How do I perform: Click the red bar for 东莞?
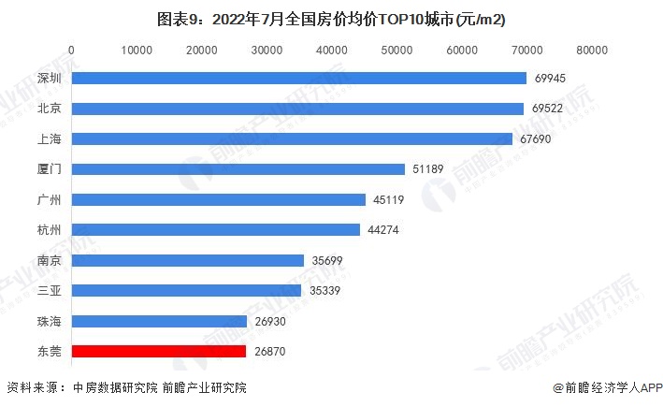tap(159, 352)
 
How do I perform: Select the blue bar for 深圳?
tap(299, 79)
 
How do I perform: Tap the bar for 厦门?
tap(238, 169)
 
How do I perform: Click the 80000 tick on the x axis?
tap(592, 50)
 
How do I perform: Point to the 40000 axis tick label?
tap(332, 50)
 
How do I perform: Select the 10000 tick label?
tap(137, 50)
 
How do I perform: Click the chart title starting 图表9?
tap(332, 19)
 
